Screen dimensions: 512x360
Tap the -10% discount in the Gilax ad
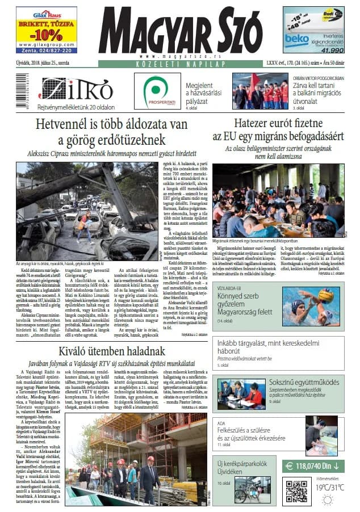(47, 33)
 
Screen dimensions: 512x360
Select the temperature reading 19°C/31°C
(329, 487)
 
